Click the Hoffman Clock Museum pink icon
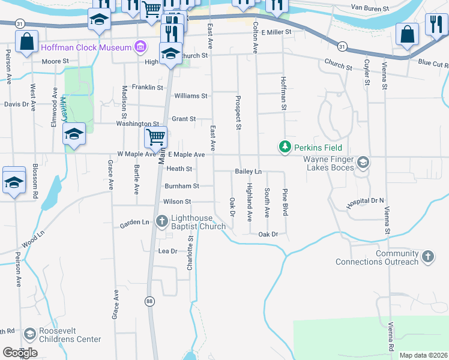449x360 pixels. [x=140, y=47]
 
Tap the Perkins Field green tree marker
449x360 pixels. [x=285, y=147]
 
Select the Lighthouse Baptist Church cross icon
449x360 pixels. [x=161, y=221]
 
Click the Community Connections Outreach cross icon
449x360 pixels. [x=427, y=256]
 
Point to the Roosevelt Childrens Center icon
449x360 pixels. [x=29, y=334]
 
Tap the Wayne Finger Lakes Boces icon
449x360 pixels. [x=363, y=162]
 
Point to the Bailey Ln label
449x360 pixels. [x=248, y=172]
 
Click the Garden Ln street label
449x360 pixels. [x=134, y=223]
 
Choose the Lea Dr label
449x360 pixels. [x=167, y=251]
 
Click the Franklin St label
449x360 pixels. [x=148, y=87]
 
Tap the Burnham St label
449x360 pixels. [x=181, y=186]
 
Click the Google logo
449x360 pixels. [x=20, y=353]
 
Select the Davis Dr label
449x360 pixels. [x=16, y=104]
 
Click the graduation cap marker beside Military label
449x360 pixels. [x=74, y=134]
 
